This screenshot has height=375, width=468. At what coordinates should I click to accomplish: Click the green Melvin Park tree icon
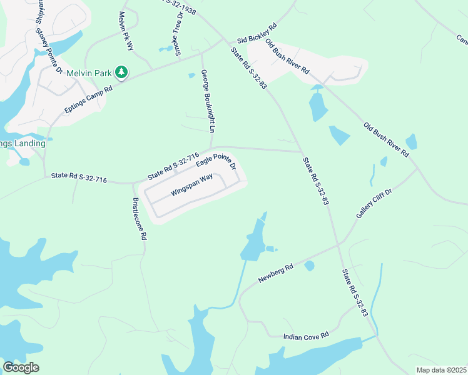coord(122,73)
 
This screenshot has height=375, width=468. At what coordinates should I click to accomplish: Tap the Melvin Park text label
coord(89,73)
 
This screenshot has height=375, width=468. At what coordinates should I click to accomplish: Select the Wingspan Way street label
coord(191,186)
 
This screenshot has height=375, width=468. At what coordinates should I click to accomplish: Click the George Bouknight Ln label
coord(208,101)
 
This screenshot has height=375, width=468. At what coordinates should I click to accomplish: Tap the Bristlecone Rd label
coord(139,219)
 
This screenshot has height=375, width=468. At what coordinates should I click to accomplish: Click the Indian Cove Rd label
coord(306,336)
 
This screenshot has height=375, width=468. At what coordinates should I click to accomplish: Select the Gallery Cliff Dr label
coord(373,204)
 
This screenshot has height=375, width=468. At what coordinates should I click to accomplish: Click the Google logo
coord(21,367)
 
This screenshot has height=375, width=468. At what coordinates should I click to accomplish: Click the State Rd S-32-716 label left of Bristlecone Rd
coord(79,179)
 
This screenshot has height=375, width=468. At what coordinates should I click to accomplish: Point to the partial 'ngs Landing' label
coord(23,143)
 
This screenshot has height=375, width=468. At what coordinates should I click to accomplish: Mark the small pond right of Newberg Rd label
coord(309,266)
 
